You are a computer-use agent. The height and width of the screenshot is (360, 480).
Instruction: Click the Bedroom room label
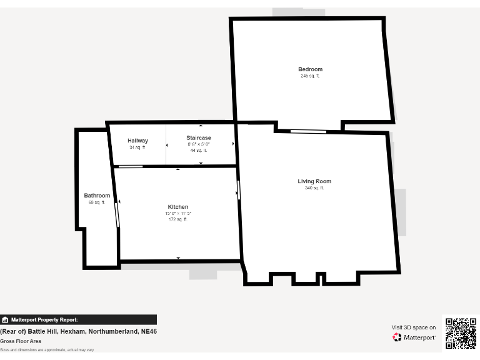[x=310, y=69]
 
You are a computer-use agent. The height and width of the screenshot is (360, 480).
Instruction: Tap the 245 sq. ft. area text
[x=310, y=76]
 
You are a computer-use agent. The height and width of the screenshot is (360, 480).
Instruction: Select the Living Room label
[x=314, y=181]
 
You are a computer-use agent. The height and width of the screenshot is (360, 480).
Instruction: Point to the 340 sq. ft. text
[x=314, y=188]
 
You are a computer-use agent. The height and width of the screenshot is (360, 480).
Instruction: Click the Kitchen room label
[x=178, y=207]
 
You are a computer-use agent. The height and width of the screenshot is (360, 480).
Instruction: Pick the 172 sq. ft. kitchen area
[x=178, y=219]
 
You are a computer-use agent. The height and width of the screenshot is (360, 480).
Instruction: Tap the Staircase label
[x=199, y=137]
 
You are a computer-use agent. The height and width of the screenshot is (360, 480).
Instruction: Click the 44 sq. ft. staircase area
[x=199, y=151]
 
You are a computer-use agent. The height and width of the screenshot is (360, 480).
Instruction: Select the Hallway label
[x=137, y=141]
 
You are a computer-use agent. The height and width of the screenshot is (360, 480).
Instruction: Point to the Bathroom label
[x=97, y=196]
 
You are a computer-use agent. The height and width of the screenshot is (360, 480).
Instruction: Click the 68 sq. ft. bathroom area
[x=97, y=202]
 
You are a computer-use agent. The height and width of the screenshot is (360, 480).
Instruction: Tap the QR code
[x=461, y=333]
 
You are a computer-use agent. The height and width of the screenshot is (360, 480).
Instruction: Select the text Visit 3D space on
[x=414, y=327]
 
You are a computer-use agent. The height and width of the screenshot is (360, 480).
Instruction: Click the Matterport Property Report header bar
[x=78, y=319]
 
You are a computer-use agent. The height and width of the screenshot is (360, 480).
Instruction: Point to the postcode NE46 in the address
[x=149, y=331]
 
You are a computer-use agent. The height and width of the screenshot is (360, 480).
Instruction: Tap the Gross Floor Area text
[x=21, y=341]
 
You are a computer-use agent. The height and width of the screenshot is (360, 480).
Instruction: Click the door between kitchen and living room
[x=239, y=189]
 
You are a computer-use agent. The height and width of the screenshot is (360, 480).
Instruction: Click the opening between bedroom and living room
[x=308, y=131]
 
